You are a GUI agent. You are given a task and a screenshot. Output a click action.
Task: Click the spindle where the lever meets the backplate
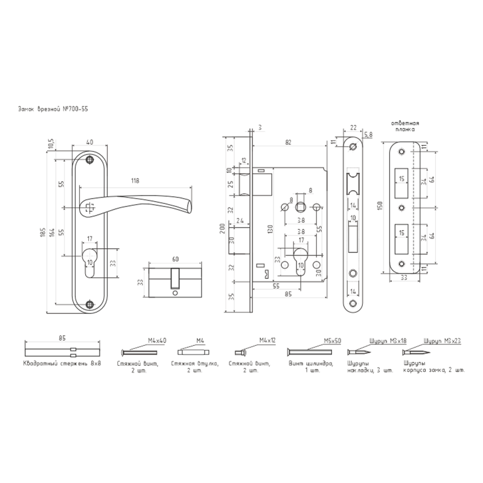tap(91, 202)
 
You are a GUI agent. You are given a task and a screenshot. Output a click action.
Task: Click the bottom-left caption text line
tap(60, 366)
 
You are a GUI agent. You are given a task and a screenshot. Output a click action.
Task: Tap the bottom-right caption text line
tap(374, 366)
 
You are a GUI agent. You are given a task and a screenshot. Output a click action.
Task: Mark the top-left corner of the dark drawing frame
tap(19, 107)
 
